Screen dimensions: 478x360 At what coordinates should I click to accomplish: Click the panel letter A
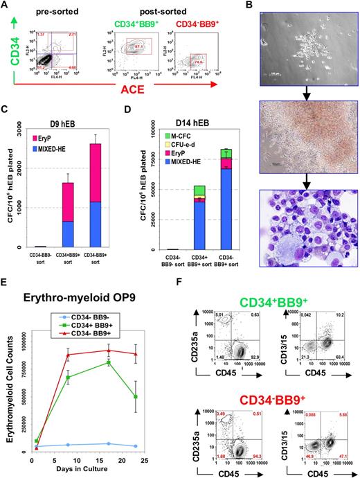(6, 6)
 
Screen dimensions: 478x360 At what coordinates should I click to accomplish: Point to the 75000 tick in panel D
(163, 160)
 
